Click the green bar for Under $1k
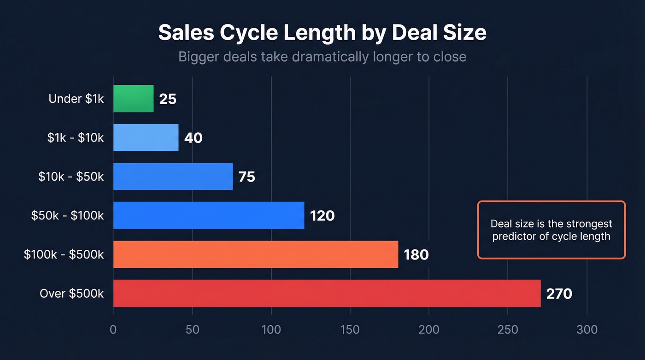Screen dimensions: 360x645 pos(133,99)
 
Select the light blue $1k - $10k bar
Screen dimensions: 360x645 pos(146,137)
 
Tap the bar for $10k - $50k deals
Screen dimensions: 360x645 pos(173,177)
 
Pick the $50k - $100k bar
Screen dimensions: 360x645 pos(209,215)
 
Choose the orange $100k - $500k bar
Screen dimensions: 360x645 pos(255,254)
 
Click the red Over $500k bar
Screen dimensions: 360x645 pos(327,293)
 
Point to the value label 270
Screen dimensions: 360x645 pos(559,294)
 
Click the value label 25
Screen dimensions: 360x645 pos(168,99)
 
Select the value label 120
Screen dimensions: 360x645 pos(322,216)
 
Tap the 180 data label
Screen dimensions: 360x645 pos(416,254)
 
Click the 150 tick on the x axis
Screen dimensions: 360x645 pos(350,330)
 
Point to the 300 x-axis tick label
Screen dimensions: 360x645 pos(587,330)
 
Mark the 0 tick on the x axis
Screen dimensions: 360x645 pos(113,330)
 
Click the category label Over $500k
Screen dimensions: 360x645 pos(71,294)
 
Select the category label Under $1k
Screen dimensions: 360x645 pos(76,99)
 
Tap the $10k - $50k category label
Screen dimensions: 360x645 pos(71,177)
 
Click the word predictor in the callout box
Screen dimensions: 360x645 pos(513,236)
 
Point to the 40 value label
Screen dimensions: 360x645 pos(193,138)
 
